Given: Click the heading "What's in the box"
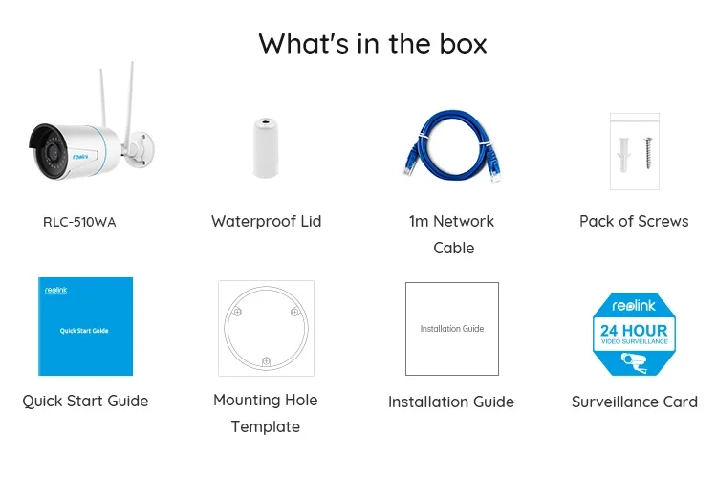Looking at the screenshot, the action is (372, 43).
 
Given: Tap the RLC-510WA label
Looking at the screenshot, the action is (79, 222).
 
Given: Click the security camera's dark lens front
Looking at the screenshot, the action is (39, 143).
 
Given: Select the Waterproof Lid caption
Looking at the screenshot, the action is (266, 221).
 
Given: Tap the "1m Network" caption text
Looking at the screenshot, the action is (451, 221).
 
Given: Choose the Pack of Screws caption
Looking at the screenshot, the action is (634, 221).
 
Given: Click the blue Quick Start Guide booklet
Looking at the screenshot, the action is (85, 327).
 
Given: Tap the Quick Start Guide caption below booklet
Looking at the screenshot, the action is (85, 402).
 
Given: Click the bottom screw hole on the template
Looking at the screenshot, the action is (266, 360).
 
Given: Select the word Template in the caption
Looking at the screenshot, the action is (265, 426).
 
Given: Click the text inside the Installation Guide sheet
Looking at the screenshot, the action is (451, 329).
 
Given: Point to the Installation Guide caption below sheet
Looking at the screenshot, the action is (451, 402).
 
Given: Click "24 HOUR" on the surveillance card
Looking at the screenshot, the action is (634, 332).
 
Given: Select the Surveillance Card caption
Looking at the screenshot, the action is (634, 402).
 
